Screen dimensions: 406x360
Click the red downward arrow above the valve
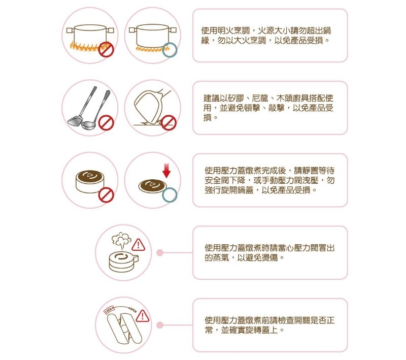[166, 170]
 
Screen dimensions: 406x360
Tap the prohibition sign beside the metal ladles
[106, 123]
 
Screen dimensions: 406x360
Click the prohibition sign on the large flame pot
[106, 50]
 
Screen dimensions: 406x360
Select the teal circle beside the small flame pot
[170, 50]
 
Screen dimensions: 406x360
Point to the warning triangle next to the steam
[139, 245]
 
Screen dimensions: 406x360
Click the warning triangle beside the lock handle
[143, 316]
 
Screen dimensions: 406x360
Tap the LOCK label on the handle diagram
[109, 310]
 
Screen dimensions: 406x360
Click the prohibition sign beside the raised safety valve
[106, 195]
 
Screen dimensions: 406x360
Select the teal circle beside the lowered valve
[170, 195]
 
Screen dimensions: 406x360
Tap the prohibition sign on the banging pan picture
[169, 123]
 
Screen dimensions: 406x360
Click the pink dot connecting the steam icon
[160, 252]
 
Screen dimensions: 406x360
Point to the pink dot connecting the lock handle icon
[160, 325]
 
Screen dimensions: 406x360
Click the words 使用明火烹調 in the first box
[225, 30]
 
